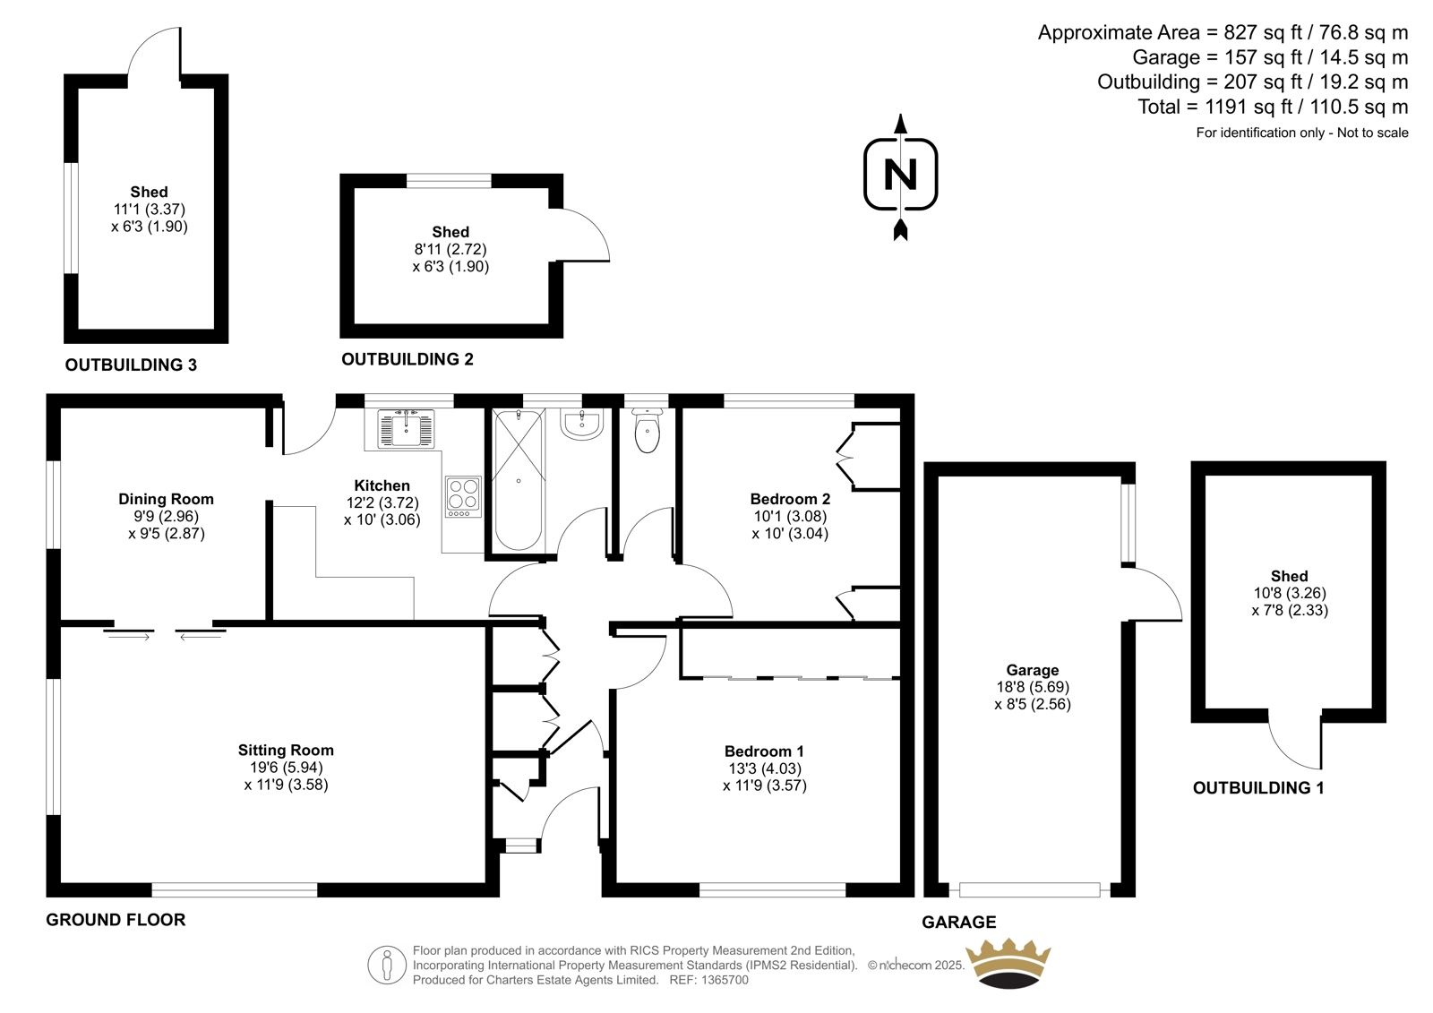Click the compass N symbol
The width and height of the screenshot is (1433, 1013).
click(900, 175)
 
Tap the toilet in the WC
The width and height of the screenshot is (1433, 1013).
click(647, 430)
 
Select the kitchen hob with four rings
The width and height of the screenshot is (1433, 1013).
click(463, 496)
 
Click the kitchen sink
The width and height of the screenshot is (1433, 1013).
click(406, 428)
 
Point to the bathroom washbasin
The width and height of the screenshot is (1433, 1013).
click(581, 424)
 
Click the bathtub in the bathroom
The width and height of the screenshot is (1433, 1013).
click(519, 480)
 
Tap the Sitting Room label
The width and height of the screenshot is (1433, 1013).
click(286, 750)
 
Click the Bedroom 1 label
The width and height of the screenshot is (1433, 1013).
click(764, 751)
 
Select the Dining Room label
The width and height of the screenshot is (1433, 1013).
click(166, 499)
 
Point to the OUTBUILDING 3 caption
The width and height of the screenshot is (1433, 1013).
click(131, 365)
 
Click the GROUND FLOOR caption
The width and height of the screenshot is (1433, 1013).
click(116, 920)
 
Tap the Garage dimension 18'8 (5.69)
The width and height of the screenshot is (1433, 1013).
click(1033, 687)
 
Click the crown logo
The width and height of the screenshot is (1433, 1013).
click(1008, 963)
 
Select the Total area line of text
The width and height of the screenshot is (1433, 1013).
click(1273, 107)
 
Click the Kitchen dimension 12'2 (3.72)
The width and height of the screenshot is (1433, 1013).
click(382, 503)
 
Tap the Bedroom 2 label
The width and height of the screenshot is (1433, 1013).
click(790, 499)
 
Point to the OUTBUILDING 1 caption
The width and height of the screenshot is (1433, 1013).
click(1258, 788)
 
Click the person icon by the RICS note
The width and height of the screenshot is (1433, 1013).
click(386, 965)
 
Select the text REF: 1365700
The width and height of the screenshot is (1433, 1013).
click(708, 980)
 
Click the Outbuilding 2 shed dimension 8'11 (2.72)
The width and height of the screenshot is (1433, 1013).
click(450, 250)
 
